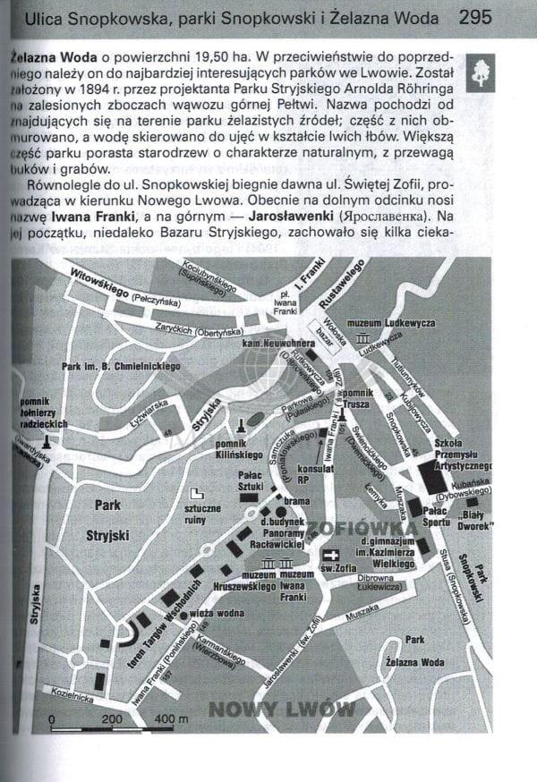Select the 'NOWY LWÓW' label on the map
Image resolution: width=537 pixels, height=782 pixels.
pos(282,710)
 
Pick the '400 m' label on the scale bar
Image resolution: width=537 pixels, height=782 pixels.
pos(171,719)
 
